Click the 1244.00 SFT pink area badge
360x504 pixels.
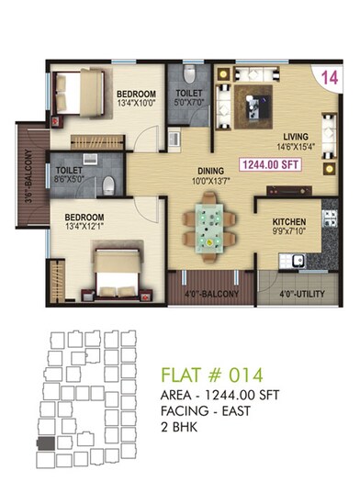pos(271,165)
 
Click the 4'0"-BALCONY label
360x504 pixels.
pos(213,294)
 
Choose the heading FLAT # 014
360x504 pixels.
pos(211,375)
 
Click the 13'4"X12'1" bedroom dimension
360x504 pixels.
pos(91,230)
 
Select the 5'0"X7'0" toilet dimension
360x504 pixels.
pos(190,104)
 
